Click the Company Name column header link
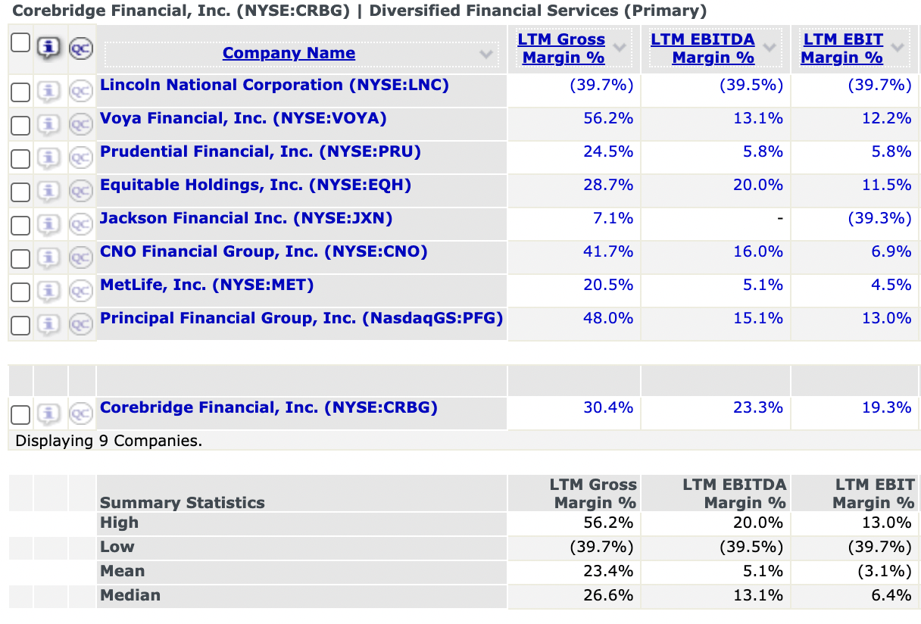click(289, 53)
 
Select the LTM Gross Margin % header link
click(561, 48)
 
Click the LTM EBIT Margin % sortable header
click(842, 48)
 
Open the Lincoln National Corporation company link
click(274, 85)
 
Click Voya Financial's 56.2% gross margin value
click(607, 118)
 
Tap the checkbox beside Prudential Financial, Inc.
click(20, 159)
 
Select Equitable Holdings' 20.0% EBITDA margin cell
click(757, 185)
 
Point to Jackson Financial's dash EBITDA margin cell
click(779, 218)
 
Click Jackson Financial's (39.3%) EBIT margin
click(879, 218)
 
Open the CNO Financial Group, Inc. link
click(264, 251)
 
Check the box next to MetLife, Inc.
click(20, 292)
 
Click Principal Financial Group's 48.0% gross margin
click(607, 318)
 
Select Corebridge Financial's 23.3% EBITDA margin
click(757, 407)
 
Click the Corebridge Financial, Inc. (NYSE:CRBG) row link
click(269, 407)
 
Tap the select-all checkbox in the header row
click(20, 43)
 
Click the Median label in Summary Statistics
click(130, 595)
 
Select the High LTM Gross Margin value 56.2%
click(607, 523)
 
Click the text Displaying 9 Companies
click(109, 440)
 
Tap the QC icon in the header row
click(80, 48)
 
